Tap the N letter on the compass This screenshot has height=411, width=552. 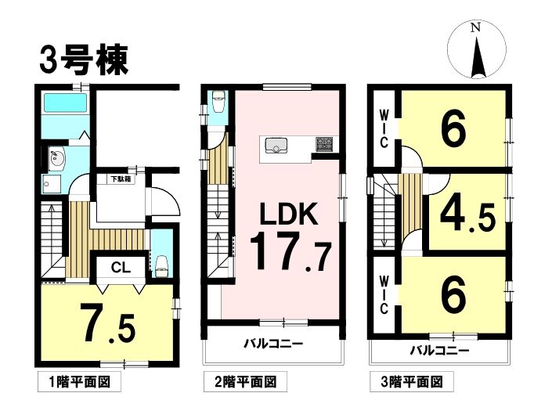point(476,28)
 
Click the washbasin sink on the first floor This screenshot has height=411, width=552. point(56,159)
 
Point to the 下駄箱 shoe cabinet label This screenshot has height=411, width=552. point(121,178)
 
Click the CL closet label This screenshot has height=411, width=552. point(121,269)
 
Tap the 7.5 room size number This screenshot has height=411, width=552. point(107,324)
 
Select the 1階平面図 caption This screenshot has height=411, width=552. point(79,382)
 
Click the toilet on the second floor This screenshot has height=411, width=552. point(218,102)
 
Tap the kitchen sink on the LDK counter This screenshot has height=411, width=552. point(276,146)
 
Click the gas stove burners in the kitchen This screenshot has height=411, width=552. point(324,144)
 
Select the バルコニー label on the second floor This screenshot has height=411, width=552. point(273,343)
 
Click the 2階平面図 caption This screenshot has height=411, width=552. point(245,382)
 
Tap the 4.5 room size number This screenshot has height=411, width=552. point(467,216)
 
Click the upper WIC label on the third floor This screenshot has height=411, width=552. point(384,129)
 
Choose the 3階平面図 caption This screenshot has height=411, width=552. point(412,382)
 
